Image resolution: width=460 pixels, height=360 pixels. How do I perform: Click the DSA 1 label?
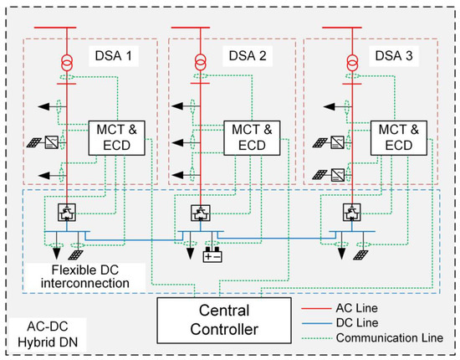tap(111, 60)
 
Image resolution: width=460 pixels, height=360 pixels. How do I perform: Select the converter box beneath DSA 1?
tap(65, 211)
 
